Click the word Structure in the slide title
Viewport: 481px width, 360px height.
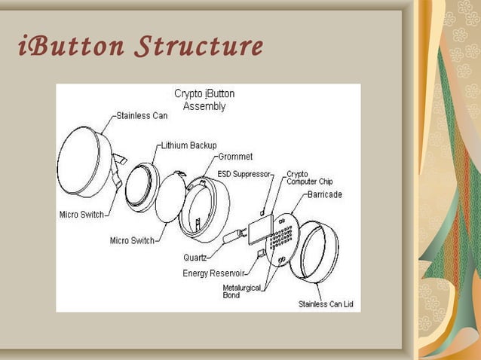[x=198, y=47]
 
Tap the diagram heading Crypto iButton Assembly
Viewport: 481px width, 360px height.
[x=204, y=100]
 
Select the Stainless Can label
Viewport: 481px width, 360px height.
[x=142, y=116]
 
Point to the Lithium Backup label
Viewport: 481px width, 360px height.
[x=189, y=145]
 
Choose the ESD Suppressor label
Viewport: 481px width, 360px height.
[x=244, y=173]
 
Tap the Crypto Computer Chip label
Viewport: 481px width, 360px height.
[x=309, y=178]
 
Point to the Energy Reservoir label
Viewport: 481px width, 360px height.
[x=213, y=273]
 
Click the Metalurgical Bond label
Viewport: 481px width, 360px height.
[x=241, y=291]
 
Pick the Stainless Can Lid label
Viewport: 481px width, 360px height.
[x=325, y=304]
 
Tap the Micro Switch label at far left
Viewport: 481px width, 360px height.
[x=81, y=215]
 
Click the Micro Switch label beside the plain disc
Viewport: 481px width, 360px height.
[x=132, y=241]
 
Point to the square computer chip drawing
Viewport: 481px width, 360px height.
[x=261, y=227]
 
